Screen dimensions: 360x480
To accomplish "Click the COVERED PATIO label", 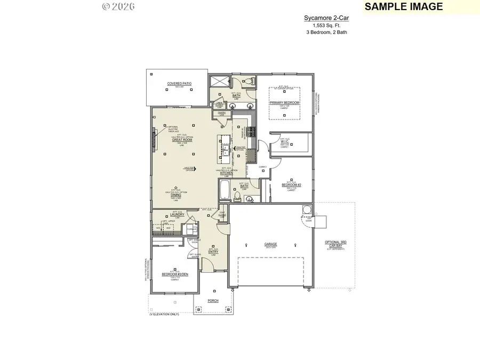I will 179,84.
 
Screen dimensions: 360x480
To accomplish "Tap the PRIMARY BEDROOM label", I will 284,102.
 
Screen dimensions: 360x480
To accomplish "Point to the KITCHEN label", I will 227,173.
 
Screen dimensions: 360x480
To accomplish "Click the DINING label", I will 175,195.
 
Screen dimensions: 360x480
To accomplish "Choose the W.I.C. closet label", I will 285,141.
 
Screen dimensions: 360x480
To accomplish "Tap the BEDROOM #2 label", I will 291,185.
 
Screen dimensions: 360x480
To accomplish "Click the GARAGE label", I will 270,245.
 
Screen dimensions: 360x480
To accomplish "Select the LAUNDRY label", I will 177,214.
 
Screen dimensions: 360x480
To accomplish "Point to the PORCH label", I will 213,300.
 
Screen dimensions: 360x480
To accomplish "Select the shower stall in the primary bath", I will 219,82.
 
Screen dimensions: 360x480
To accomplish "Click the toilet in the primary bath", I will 248,81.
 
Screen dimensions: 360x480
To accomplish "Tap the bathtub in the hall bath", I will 225,189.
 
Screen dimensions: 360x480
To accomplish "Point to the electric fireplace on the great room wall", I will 153,140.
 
